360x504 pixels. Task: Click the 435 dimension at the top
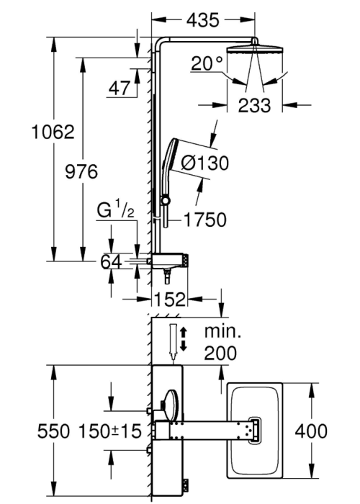[x=203, y=20]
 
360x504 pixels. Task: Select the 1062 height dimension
[x=53, y=132]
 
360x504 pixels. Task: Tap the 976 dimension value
[x=81, y=171]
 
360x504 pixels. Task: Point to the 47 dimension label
[x=120, y=88]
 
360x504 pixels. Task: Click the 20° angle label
[x=207, y=63]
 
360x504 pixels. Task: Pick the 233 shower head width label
[x=254, y=105]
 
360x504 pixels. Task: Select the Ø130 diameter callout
[x=204, y=163]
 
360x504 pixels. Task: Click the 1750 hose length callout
[x=205, y=220]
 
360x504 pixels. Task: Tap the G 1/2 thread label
[x=115, y=212]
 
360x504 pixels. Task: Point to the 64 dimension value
[x=111, y=261]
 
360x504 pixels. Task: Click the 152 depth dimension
[x=170, y=300]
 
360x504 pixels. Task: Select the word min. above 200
[x=222, y=331]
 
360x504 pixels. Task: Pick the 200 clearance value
[x=220, y=353]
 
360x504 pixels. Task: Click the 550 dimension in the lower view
[x=53, y=431]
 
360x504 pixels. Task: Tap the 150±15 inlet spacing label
[x=110, y=431]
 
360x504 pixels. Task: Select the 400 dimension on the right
[x=311, y=431]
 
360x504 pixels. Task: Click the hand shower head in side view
[x=169, y=155]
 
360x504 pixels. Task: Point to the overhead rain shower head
[x=255, y=50]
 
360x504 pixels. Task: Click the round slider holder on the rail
[x=165, y=200]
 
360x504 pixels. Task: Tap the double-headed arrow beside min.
[x=183, y=339]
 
